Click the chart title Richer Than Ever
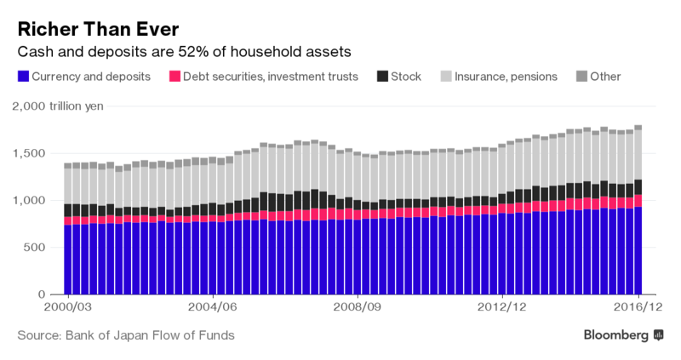[98, 29]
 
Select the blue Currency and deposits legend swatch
[23, 77]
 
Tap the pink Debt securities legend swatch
[175, 77]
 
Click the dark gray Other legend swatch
[582, 77]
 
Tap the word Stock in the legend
[405, 77]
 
